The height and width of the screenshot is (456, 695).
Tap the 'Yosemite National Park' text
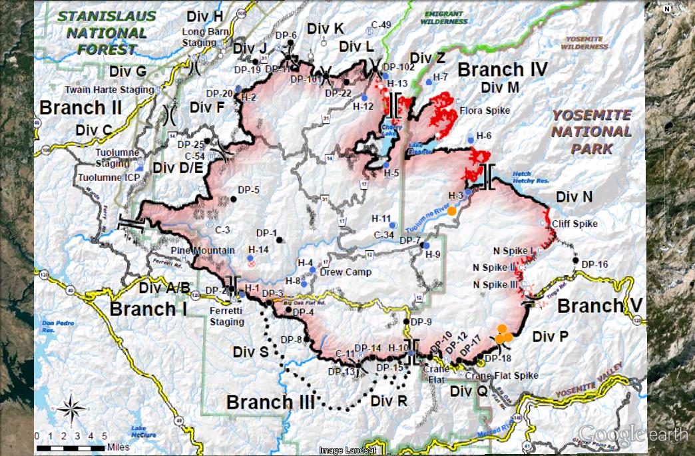click(x=591, y=131)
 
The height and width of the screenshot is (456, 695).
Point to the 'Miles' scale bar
click(x=73, y=447)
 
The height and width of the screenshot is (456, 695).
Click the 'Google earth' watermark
click(x=632, y=434)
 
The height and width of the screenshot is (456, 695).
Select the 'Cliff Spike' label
click(x=575, y=224)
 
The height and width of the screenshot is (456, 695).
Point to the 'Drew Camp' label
click(x=340, y=272)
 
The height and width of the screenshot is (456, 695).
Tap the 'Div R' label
click(x=387, y=401)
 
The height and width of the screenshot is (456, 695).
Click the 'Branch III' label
click(x=269, y=402)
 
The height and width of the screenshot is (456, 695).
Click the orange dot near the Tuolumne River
click(x=451, y=210)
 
